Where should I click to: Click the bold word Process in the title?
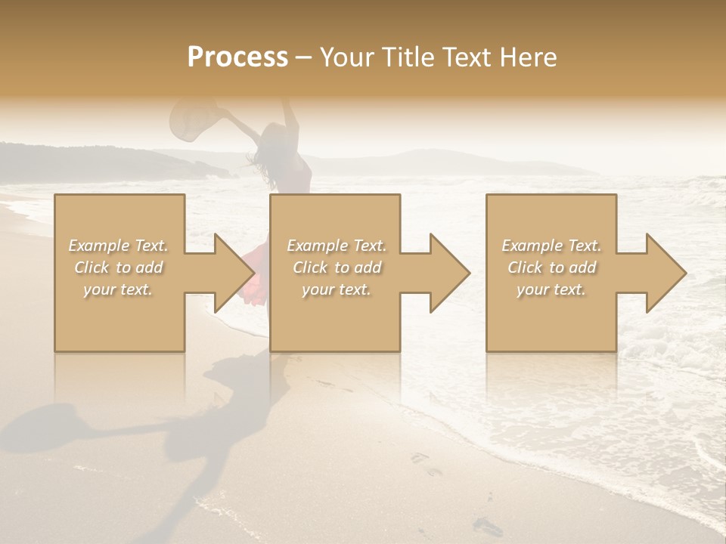click(237, 57)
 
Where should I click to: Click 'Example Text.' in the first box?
click(119, 246)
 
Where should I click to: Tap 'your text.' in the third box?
click(551, 289)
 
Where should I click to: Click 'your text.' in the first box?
click(119, 289)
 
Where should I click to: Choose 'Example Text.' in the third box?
click(551, 246)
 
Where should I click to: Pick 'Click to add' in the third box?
click(551, 267)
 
